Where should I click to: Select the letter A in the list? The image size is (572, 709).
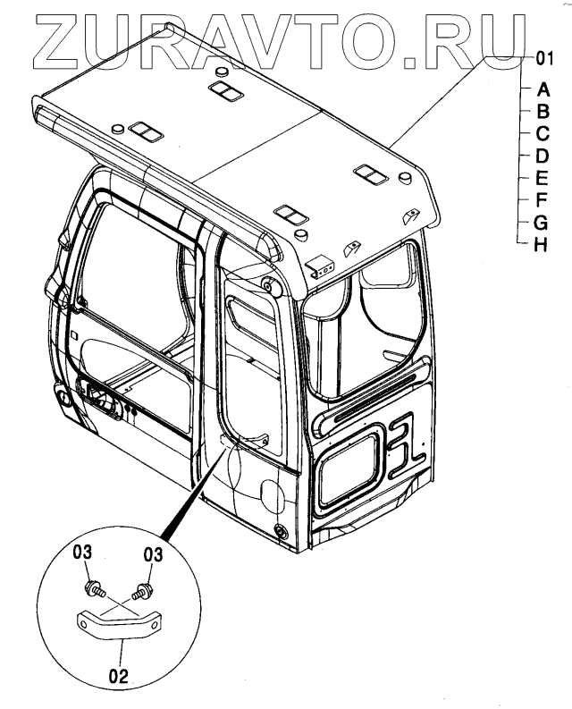(x=543, y=89)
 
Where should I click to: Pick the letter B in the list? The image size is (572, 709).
(x=543, y=112)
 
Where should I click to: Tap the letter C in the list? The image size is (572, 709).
(x=543, y=134)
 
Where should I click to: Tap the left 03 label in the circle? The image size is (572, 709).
(x=83, y=555)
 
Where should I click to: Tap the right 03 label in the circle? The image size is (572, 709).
(x=154, y=555)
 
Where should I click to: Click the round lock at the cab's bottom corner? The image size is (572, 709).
(x=282, y=531)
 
